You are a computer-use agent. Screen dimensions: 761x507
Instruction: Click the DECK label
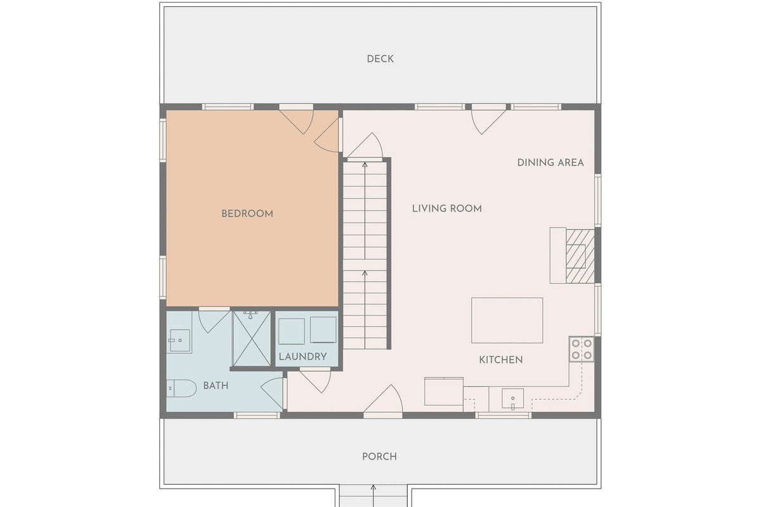click(x=380, y=59)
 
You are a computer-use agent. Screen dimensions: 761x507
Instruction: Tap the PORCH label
click(x=379, y=457)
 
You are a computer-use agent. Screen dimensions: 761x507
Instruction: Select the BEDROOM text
click(x=247, y=214)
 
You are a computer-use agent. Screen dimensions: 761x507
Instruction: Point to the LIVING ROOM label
click(x=446, y=209)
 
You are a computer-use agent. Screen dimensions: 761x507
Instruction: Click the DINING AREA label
click(x=550, y=163)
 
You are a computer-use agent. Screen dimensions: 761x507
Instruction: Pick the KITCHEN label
click(x=501, y=360)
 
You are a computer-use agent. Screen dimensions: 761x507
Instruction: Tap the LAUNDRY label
click(x=302, y=357)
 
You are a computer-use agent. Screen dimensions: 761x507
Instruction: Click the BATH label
click(x=216, y=386)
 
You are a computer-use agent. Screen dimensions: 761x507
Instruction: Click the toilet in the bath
click(x=181, y=388)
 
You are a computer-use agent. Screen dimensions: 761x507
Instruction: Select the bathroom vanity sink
click(x=179, y=340)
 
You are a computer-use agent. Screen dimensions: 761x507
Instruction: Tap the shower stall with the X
click(x=252, y=339)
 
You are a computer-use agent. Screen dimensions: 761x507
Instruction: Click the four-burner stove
click(x=582, y=349)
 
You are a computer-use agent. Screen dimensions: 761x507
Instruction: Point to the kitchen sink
click(x=512, y=399)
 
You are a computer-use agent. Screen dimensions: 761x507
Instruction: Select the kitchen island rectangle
click(x=507, y=321)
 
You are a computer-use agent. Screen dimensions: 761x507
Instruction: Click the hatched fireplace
click(x=580, y=257)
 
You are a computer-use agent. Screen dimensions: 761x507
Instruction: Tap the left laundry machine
click(x=292, y=331)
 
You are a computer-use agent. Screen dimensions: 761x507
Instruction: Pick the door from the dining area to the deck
click(x=488, y=122)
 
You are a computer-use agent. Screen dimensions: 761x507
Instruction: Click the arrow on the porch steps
click(x=373, y=496)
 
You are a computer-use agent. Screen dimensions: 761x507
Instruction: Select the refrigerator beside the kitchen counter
click(x=444, y=392)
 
